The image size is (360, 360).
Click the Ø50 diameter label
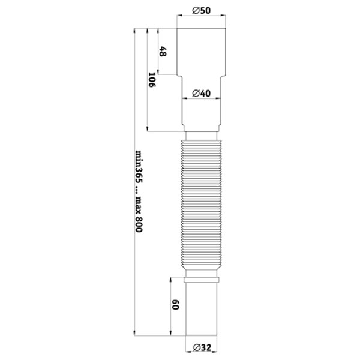(x=201, y=11)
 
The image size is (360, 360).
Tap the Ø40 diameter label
(x=201, y=94)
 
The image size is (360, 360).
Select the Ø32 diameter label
(x=202, y=347)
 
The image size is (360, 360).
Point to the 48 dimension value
(x=163, y=51)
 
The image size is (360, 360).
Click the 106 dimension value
(x=152, y=80)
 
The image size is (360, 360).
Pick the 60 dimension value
(x=175, y=305)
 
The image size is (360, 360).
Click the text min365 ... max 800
(x=139, y=191)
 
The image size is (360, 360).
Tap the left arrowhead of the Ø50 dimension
(x=179, y=16)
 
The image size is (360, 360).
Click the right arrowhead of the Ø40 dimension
(x=218, y=99)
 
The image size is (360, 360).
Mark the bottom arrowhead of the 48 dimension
(x=158, y=71)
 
